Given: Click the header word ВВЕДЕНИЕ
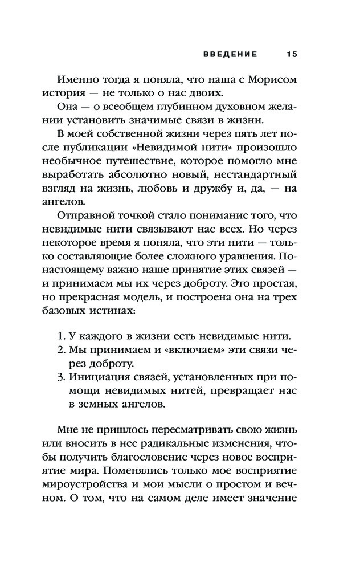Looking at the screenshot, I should (230, 54).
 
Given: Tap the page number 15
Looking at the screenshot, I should (292, 54).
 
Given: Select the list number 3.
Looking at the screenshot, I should (63, 377).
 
